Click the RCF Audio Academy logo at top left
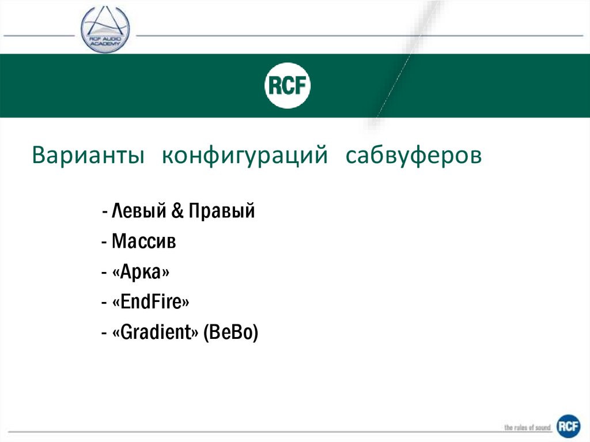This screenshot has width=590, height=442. coord(105,29)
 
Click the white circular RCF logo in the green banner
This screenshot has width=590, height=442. coord(288,86)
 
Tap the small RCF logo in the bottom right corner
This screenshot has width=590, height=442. coord(568,427)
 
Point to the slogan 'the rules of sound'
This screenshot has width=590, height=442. coord(527,428)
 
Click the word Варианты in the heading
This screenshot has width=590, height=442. coord(88,156)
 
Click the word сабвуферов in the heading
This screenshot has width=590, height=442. coord(414,156)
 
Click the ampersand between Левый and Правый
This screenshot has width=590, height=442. coord(177,211)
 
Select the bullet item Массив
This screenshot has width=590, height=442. coord(144,241)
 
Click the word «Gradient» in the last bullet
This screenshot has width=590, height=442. coord(156,333)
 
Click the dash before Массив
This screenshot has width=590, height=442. coord(103,243)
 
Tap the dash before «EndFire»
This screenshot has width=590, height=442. coord(103,303)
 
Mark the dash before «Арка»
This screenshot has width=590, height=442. coord(103,273)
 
